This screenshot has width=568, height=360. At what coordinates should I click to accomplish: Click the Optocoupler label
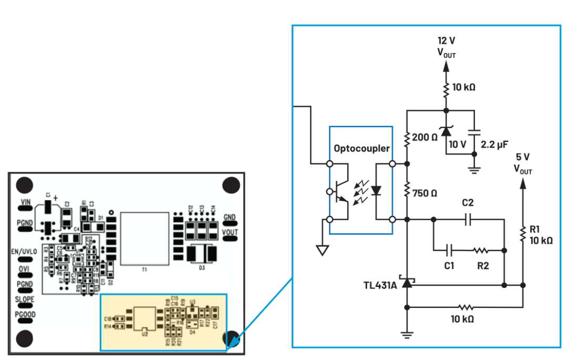click(362, 149)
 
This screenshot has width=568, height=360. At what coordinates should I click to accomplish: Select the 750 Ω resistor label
click(424, 193)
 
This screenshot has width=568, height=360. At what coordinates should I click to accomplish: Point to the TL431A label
click(381, 285)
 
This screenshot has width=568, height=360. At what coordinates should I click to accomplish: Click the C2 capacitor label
click(468, 202)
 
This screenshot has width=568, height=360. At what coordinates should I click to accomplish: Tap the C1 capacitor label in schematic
click(449, 266)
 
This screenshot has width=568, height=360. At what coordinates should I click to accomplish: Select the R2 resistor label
click(482, 266)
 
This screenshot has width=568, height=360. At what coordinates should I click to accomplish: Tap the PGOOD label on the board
click(25, 314)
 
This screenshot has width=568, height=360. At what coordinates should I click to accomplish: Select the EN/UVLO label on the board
click(24, 252)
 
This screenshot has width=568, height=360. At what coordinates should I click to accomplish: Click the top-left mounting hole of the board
click(24, 186)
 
